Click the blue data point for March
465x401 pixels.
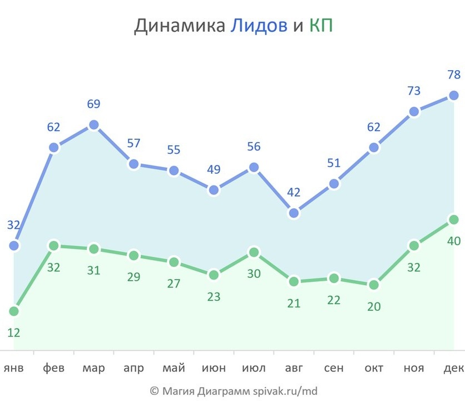pos(93,125)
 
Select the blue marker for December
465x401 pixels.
pos(453,95)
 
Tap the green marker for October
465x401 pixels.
pos(374,285)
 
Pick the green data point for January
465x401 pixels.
pos(14,311)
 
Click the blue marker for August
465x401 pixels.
pos(294,213)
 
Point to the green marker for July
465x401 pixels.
pos(254,252)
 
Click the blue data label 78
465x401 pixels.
pos(453,75)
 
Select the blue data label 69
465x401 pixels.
pos(93,104)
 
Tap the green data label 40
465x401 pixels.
pos(453,241)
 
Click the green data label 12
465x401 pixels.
pos(14,332)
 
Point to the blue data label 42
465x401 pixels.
pos(294,193)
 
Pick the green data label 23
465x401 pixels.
pos(214,296)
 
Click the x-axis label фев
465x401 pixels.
pos(53,369)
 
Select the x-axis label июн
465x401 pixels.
pos(214,369)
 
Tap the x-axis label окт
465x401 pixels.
pos(374,369)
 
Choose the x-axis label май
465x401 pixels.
pos(174,369)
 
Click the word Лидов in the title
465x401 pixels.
pos(259,26)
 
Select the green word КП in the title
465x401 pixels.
pos(321,26)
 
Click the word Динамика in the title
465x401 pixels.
pos(179,26)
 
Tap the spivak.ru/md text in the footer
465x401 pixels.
pos(285,391)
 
